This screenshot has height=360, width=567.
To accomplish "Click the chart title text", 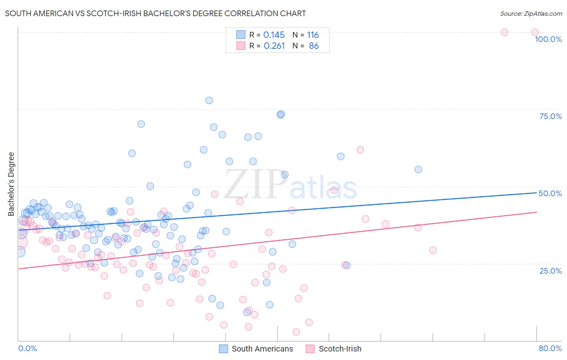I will (155, 13).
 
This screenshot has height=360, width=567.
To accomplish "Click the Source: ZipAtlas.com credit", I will (531, 13).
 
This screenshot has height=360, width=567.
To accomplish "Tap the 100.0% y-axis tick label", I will (548, 39).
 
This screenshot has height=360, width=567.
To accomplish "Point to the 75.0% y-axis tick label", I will (550, 116).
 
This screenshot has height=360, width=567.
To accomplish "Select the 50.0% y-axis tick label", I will (550, 193).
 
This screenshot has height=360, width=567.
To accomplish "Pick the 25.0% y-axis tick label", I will (550, 270).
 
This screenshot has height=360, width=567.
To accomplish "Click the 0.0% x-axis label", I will (27, 348).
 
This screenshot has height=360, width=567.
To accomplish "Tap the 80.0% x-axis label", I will (550, 348).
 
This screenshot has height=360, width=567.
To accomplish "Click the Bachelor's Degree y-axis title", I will (11, 184).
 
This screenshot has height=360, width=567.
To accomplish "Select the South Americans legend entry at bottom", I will (256, 349).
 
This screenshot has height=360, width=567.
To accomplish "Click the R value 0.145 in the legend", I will (274, 35).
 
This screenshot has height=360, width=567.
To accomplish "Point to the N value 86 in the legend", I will (314, 46).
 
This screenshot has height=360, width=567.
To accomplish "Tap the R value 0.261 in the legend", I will (274, 46).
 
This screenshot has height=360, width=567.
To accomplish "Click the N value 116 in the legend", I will (313, 35).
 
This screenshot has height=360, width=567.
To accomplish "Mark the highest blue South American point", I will (209, 100).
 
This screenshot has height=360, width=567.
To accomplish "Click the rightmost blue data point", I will (418, 170).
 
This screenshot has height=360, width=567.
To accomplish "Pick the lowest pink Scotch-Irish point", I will (296, 332).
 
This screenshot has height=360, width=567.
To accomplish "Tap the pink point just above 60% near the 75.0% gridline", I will (360, 150).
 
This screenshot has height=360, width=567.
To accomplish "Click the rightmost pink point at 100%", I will (535, 32).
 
